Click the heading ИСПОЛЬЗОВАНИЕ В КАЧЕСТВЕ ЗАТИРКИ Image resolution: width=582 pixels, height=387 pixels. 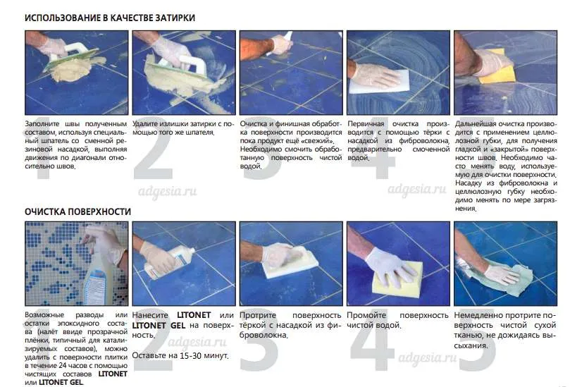tap(110, 18)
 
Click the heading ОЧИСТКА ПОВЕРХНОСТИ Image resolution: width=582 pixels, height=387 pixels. tap(78, 211)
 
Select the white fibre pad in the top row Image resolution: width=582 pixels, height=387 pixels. tap(379, 82)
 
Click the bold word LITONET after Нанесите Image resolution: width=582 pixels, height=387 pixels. tap(194, 315)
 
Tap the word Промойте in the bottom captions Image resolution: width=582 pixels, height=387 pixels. tap(366, 315)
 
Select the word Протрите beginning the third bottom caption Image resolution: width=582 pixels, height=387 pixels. tap(258, 315)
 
